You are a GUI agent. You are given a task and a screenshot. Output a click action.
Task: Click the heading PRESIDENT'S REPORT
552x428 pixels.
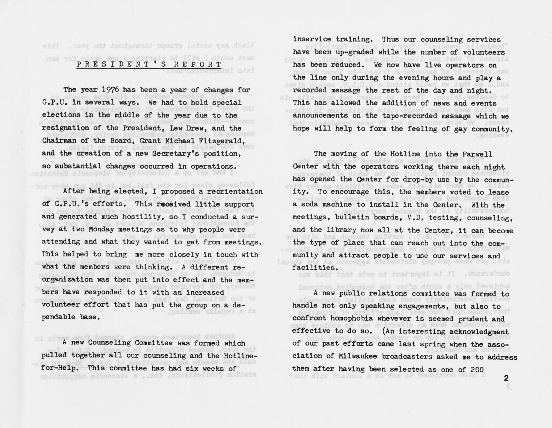[x=149, y=65]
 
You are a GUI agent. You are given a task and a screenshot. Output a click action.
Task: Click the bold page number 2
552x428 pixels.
[x=506, y=378]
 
